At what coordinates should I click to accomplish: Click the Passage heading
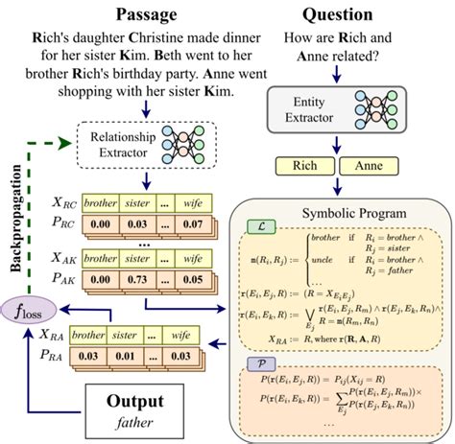[143, 14]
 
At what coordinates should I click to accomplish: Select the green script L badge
[257, 226]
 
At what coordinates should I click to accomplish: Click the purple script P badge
[257, 365]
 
